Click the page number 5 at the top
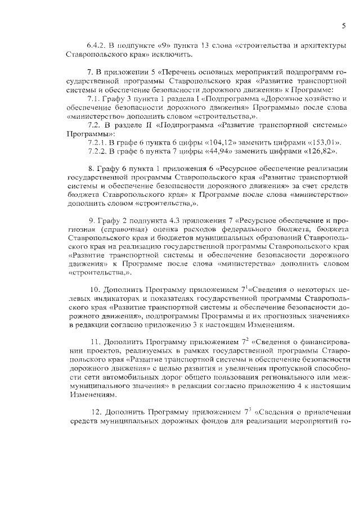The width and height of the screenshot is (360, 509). (343, 25)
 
